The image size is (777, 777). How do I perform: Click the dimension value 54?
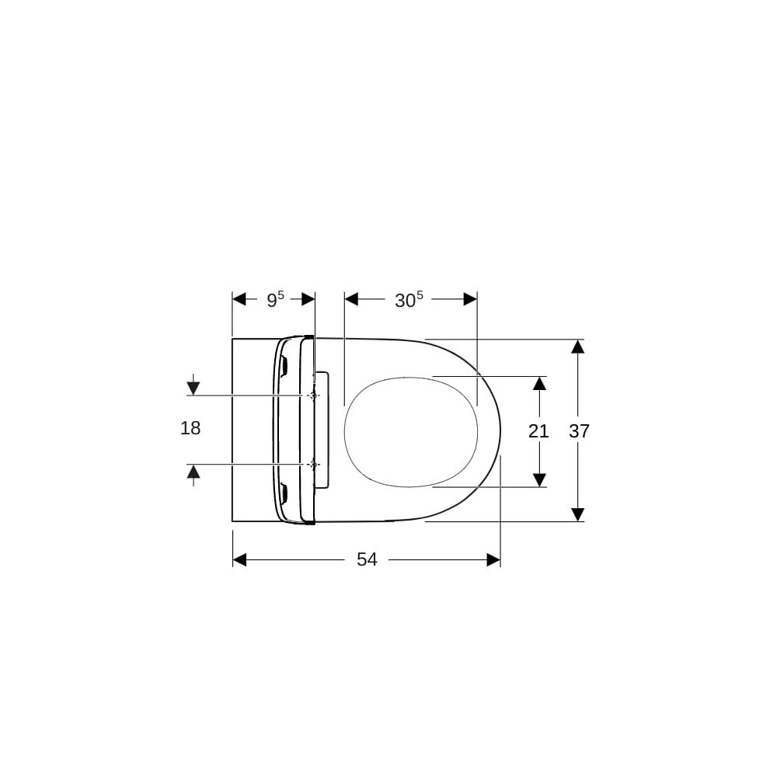368,559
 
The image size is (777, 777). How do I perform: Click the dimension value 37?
579,431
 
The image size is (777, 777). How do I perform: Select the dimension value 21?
538,431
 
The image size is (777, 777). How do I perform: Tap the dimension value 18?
190,427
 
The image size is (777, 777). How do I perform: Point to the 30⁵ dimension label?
409,299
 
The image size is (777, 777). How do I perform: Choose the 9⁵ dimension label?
276,299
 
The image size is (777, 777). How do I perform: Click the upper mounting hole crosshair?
312,395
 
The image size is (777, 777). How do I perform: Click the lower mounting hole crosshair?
312,464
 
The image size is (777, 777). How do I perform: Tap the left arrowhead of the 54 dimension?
240,560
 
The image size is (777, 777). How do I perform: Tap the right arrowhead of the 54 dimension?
493,560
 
